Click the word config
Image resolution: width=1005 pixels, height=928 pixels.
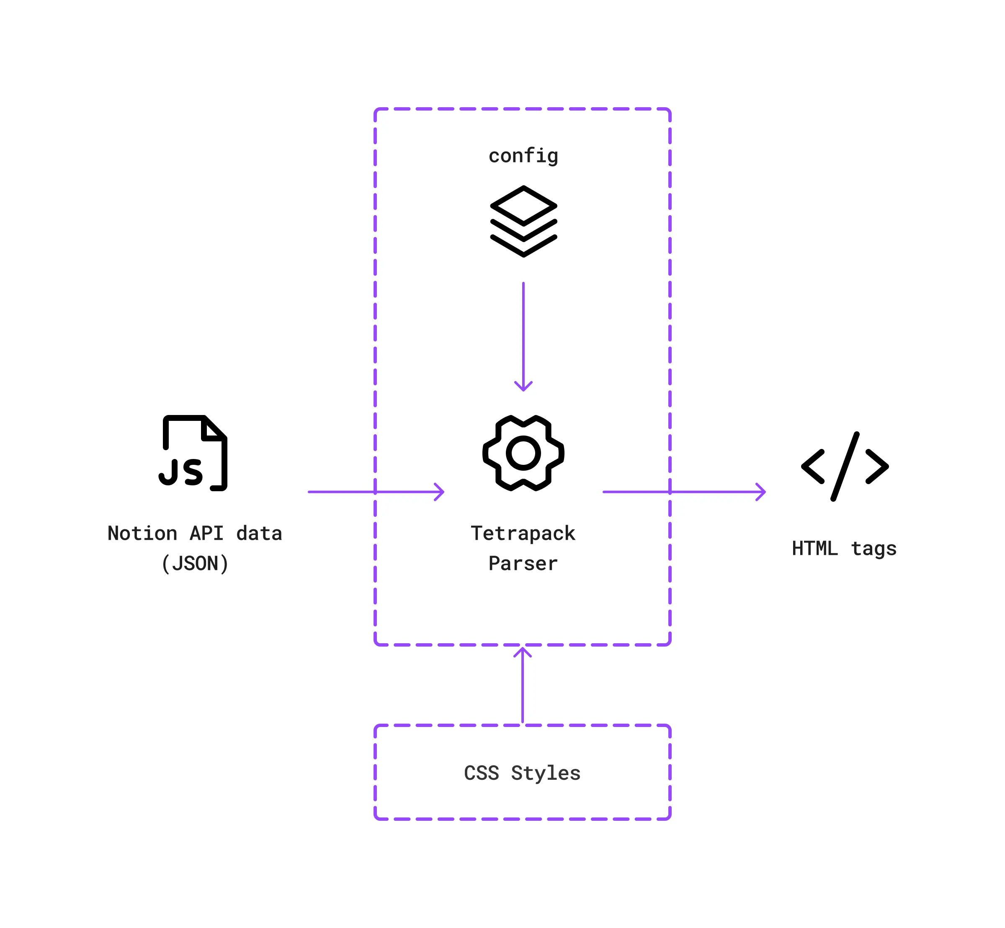(x=523, y=156)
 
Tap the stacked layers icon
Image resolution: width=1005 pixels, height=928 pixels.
(x=523, y=221)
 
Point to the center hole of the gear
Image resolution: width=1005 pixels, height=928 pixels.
(x=523, y=453)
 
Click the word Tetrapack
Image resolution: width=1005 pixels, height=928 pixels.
(x=523, y=533)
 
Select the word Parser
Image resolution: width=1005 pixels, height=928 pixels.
(x=523, y=563)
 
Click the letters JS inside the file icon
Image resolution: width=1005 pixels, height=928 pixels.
(x=181, y=472)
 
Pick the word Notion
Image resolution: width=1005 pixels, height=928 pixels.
(x=142, y=533)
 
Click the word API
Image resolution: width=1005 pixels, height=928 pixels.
(x=206, y=533)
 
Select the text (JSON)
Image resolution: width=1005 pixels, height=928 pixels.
(x=195, y=563)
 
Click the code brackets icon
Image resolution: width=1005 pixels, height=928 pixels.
(x=844, y=466)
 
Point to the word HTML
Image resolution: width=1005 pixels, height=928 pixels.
(x=814, y=548)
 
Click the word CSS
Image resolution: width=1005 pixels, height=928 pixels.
(x=481, y=773)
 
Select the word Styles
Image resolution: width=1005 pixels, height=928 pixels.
(x=546, y=773)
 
